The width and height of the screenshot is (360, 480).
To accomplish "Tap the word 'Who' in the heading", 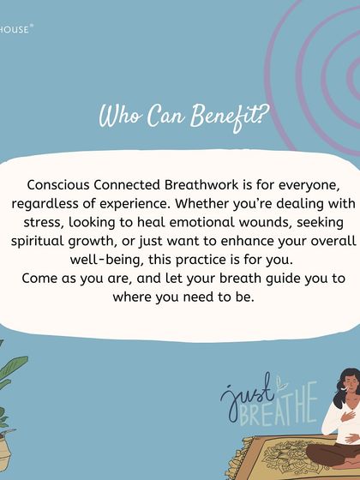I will pyautogui.click(x=119, y=117).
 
